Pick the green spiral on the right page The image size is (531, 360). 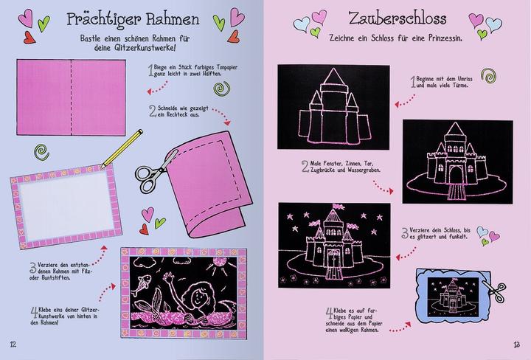click(x=488, y=75)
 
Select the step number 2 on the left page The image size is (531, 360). click(x=153, y=111)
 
